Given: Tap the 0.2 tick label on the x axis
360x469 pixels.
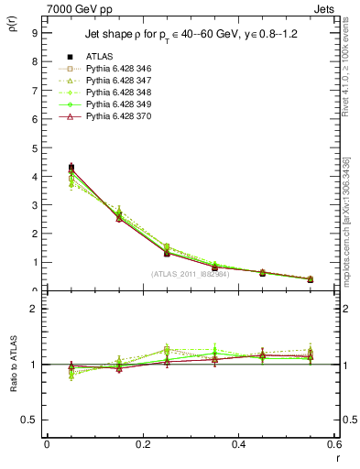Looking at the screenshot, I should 142,443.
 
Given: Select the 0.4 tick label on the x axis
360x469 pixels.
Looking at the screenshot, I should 238,443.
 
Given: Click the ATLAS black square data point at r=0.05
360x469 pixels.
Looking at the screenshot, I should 71,168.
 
